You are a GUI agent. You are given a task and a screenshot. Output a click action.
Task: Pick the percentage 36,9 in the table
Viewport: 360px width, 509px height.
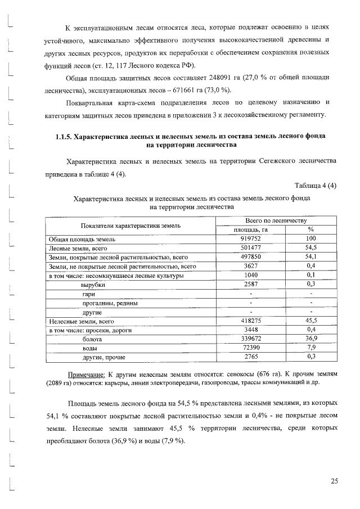310,339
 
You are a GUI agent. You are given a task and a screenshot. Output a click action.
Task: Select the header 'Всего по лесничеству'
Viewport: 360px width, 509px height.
276,220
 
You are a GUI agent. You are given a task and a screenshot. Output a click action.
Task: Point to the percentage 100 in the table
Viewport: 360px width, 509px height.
310,239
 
